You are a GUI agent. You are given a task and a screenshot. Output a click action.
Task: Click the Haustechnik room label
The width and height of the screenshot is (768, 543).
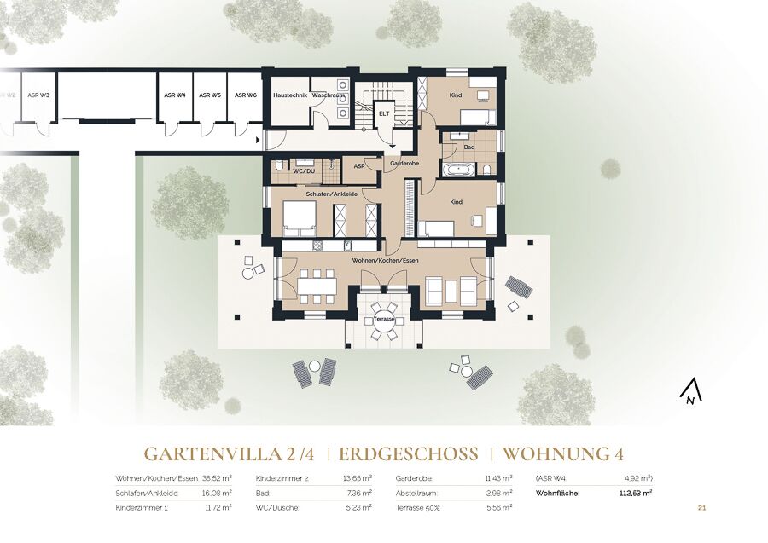tap(290, 95)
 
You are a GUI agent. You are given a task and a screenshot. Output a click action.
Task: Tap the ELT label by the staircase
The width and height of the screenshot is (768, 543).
tap(384, 113)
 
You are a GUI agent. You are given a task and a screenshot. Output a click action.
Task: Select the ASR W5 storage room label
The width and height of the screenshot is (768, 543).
tap(211, 95)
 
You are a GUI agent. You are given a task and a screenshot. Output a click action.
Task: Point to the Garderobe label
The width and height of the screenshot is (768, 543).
tap(404, 164)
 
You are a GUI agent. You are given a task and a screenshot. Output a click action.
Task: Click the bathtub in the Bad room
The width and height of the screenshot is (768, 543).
tap(459, 170)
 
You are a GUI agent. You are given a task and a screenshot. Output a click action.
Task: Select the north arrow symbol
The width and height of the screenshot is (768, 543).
tap(690, 393)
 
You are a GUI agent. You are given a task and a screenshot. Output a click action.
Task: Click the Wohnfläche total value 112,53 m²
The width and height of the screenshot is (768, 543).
tap(636, 494)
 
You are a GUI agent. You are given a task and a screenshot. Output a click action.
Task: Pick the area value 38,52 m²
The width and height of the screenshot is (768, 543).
tap(217, 478)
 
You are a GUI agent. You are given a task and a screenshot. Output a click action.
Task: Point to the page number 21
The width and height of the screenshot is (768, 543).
tap(701, 508)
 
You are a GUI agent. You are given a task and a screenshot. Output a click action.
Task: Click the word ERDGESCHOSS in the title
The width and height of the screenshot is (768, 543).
tap(409, 454)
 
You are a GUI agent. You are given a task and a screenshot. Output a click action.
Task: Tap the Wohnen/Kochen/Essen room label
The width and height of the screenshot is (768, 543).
tap(385, 261)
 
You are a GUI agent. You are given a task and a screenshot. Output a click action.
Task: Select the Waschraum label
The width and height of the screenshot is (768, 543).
tap(328, 95)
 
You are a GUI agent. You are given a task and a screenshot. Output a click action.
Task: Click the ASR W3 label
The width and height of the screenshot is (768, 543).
tap(38, 95)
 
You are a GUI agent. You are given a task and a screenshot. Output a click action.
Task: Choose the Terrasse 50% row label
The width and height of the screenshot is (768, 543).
tap(418, 508)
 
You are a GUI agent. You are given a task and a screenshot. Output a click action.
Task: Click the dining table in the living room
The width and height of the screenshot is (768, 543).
tap(317, 286)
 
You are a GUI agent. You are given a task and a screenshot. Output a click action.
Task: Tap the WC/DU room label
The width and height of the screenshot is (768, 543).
tap(303, 170)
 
